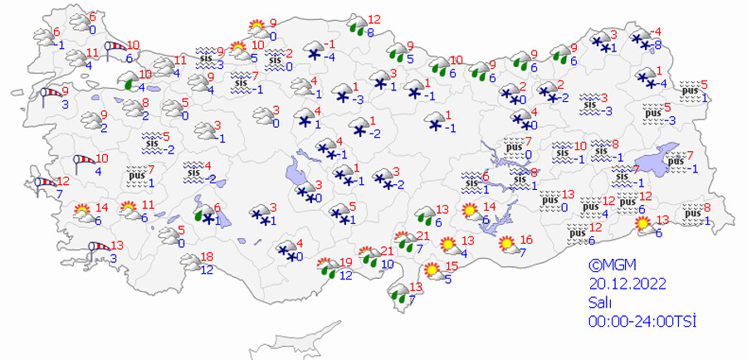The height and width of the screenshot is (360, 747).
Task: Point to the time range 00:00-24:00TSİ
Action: coord(642,321)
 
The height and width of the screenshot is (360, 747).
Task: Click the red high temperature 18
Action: coord(208,257)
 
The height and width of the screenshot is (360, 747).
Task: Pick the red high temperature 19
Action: coord(346,263)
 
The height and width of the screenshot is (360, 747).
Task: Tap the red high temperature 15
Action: coord(452,266)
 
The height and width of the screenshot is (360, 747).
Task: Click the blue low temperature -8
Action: coord(657,45)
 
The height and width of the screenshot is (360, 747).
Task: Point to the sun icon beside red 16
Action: coord(505,244)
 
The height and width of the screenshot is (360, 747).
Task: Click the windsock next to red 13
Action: coord(99,246)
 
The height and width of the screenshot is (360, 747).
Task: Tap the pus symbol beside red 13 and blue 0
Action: coord(548,199)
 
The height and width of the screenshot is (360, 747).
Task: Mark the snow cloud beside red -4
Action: coord(641,36)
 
